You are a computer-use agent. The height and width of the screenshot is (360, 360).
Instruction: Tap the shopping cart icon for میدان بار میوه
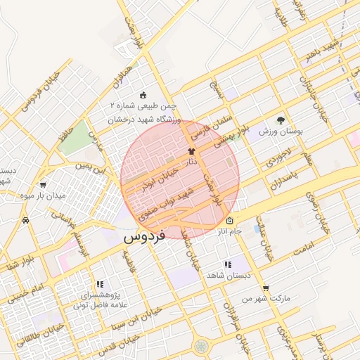tap(42, 185)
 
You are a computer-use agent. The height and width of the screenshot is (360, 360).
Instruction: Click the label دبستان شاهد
tap(227, 275)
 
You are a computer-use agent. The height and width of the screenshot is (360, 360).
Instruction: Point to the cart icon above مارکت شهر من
tap(265, 288)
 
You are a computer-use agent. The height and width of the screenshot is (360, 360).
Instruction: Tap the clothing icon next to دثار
tap(191, 151)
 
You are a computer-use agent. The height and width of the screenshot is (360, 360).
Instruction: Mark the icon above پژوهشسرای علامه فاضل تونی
tap(98, 284)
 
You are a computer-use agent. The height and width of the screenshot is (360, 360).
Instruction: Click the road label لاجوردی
tap(278, 162)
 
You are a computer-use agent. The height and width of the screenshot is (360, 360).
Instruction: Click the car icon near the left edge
tap(26, 220)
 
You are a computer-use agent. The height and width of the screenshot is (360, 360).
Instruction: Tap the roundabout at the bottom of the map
tap(202, 346)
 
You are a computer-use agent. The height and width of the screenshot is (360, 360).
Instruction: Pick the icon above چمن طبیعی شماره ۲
tap(144, 95)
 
